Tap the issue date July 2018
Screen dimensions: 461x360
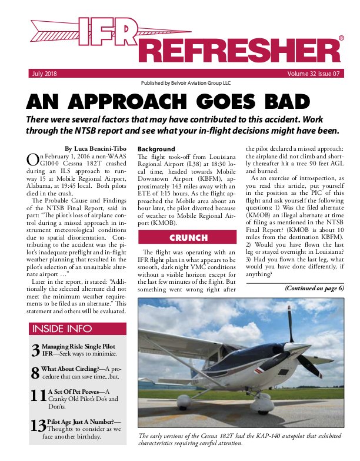pos(43,74)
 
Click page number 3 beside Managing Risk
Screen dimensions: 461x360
pos(35,351)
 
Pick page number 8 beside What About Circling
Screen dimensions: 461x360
pos(35,372)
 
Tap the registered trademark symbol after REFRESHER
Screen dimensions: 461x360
pos(342,38)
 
